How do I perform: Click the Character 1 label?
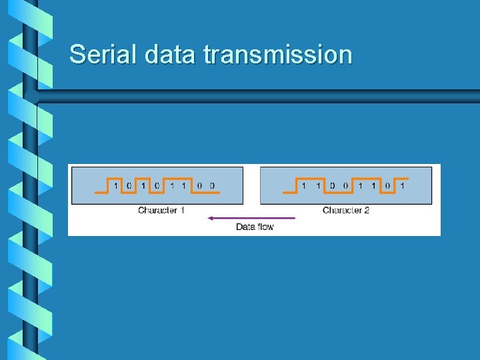tap(161, 211)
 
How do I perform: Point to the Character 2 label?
tap(346, 211)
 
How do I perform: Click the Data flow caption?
tap(255, 227)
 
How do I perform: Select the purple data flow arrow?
tap(251, 218)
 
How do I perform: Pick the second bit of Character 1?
tap(129, 186)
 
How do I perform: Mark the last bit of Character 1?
tap(212, 186)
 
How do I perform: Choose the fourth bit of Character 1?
tap(156, 186)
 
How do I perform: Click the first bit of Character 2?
tap(304, 186)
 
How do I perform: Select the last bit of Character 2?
tap(402, 186)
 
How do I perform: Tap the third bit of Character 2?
tap(332, 186)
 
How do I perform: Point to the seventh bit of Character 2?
tap(388, 186)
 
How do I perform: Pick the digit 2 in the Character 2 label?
tap(367, 211)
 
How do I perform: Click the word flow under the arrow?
tap(265, 227)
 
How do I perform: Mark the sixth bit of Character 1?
tap(184, 186)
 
